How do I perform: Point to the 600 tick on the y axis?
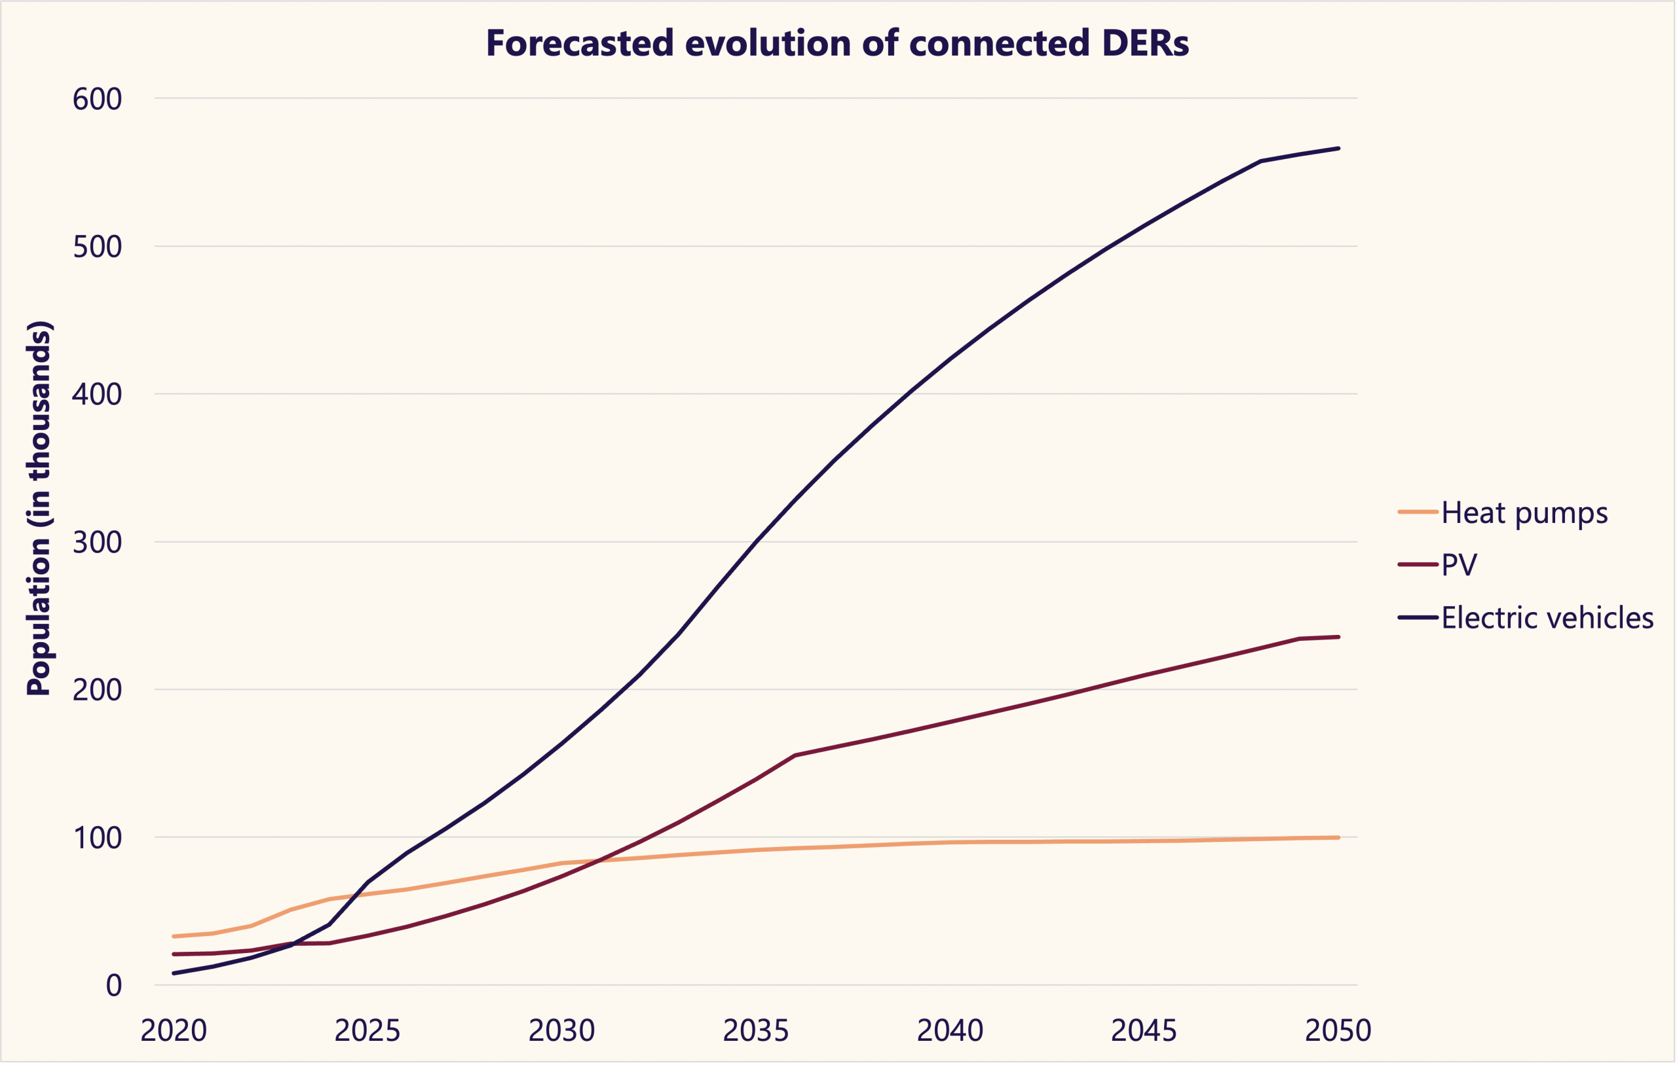[97, 99]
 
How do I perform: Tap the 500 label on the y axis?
[97, 246]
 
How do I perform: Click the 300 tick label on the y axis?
[97, 542]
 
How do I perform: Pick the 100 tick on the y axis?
[97, 838]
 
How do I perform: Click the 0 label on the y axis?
[113, 986]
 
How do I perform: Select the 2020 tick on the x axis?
[174, 1031]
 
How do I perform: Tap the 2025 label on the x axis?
[367, 1031]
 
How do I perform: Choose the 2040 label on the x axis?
[950, 1031]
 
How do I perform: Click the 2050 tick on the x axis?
[1338, 1031]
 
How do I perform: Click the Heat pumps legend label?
[1524, 513]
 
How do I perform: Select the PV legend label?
[1459, 564]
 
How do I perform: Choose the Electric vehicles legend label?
[1547, 618]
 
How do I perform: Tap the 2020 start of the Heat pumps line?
[174, 936]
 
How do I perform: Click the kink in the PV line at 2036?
[795, 755]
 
